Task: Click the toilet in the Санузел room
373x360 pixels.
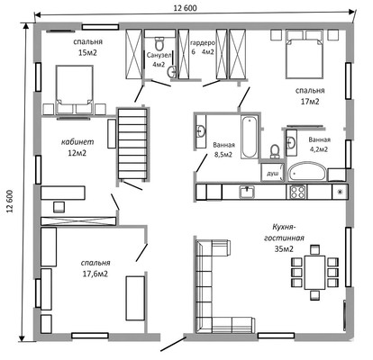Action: click(x=159, y=44)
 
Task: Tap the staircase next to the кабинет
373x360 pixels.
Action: click(x=132, y=144)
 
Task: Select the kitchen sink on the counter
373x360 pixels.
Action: click(x=247, y=193)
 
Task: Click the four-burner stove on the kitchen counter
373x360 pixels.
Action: click(x=297, y=192)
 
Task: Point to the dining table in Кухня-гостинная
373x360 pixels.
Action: click(x=314, y=272)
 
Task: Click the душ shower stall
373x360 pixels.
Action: click(x=272, y=173)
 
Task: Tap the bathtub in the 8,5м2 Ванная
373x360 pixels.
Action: click(x=249, y=138)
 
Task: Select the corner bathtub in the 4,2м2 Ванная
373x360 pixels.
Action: click(x=307, y=172)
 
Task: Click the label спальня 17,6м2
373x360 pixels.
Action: click(x=96, y=268)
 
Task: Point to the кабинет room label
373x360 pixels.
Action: click(x=77, y=142)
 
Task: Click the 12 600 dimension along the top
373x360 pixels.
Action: click(x=186, y=8)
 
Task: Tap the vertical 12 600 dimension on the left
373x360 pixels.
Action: click(x=10, y=202)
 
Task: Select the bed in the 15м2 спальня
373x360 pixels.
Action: click(x=74, y=89)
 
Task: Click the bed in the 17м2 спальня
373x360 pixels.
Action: click(x=305, y=54)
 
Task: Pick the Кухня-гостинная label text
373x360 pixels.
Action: click(x=284, y=232)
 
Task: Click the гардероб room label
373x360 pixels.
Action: click(x=203, y=43)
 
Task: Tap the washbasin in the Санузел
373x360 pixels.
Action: click(x=172, y=72)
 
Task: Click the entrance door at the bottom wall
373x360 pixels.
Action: click(x=174, y=344)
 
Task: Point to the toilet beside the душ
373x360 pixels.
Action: click(x=275, y=151)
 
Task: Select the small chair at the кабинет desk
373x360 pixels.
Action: click(x=59, y=207)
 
